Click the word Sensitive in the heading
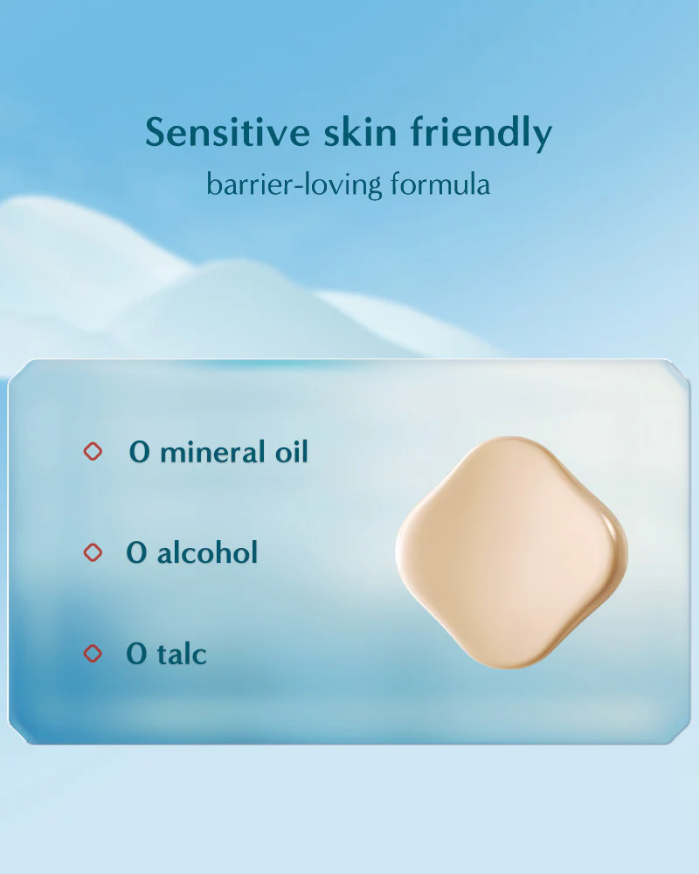[227, 133]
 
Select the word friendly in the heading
[481, 134]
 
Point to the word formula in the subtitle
[440, 184]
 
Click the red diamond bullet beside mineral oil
[93, 452]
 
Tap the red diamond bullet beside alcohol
[93, 552]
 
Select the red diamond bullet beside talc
[93, 653]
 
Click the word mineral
[213, 452]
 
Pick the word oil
[292, 452]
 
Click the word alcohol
[207, 552]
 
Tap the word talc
[182, 653]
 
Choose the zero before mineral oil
[139, 452]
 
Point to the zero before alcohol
[136, 553]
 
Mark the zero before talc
[136, 654]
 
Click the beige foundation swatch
[512, 552]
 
